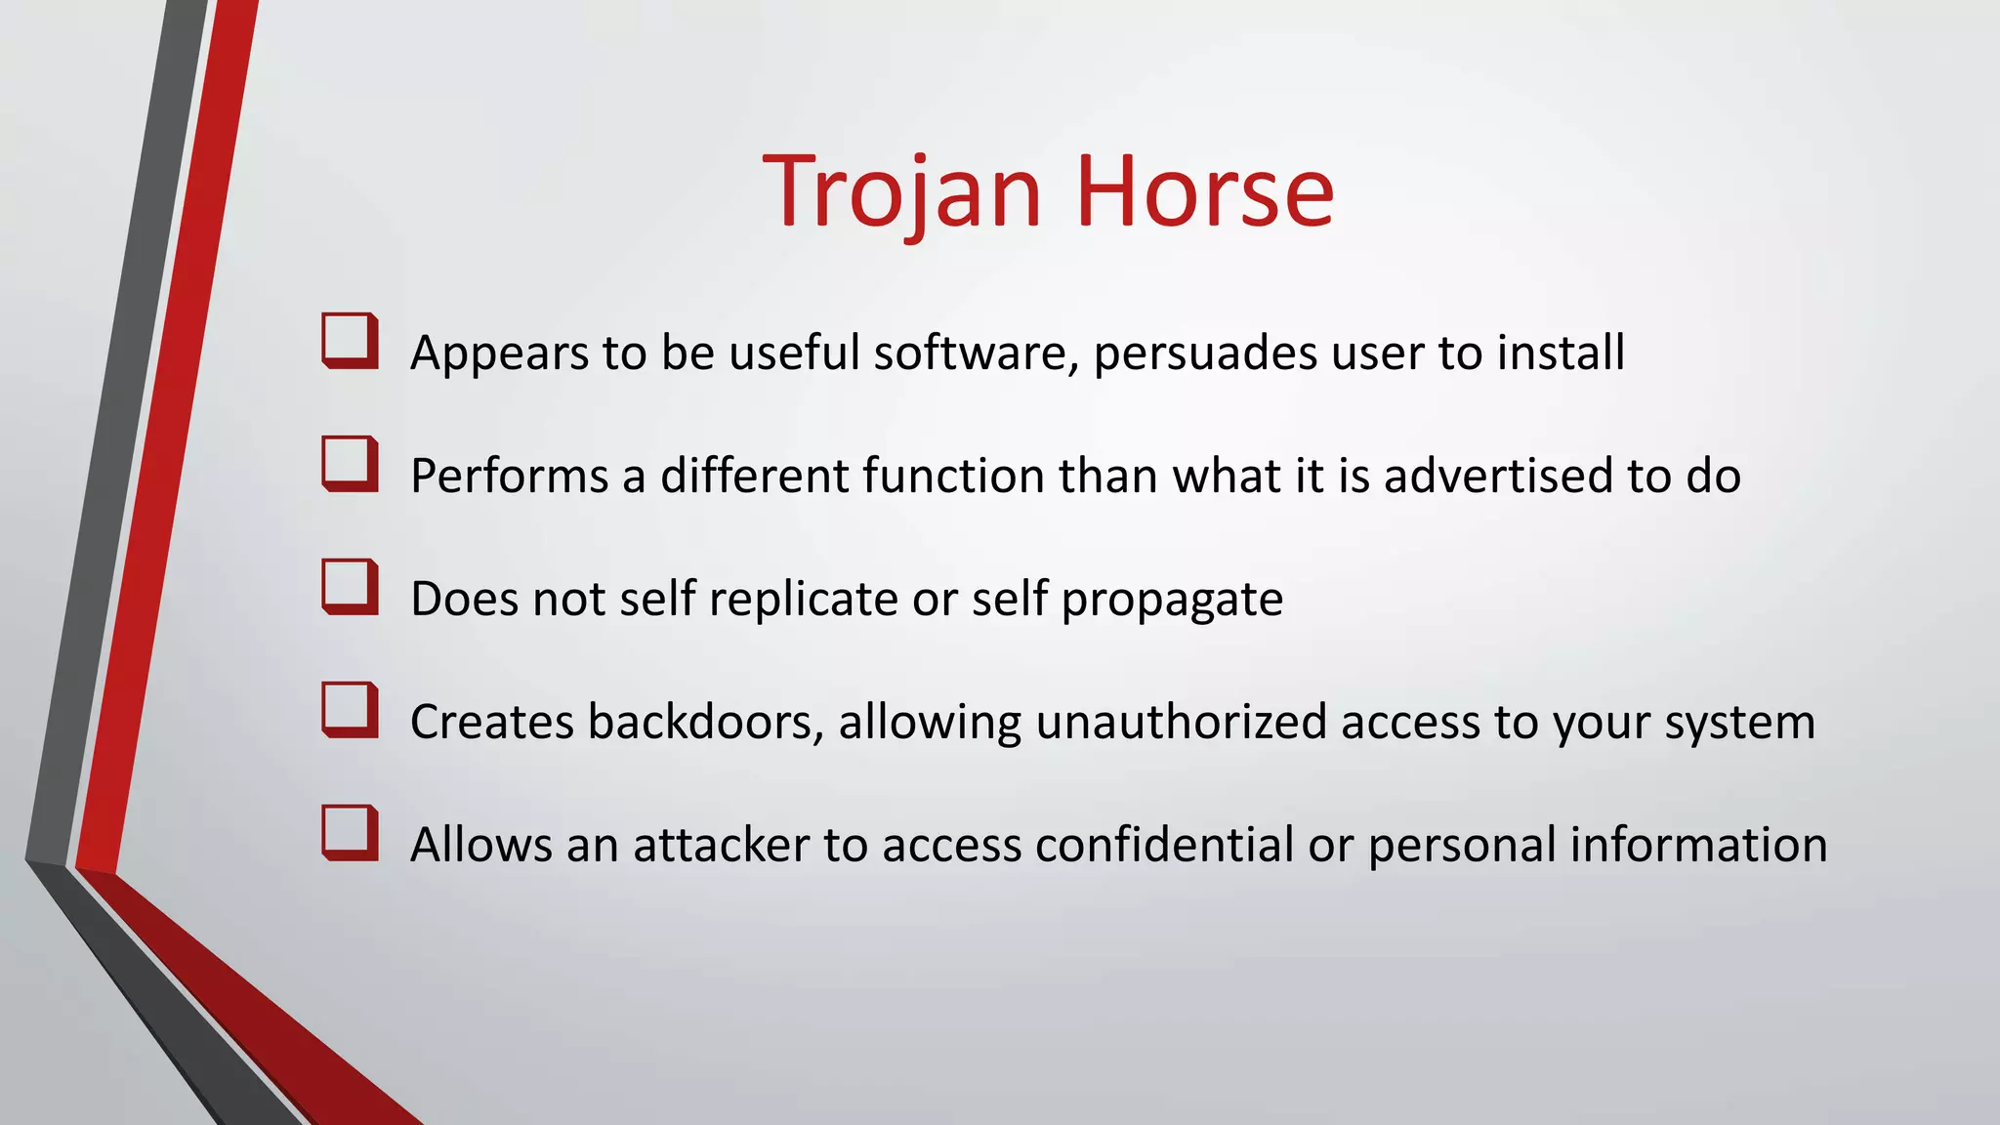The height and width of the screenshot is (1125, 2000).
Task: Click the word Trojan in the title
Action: coord(902,192)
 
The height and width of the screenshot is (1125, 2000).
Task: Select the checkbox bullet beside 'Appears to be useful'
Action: coord(350,341)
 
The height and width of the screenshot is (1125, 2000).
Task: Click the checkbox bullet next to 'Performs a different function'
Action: coord(350,464)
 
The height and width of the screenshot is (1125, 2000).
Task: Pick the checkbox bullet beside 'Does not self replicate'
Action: coord(350,587)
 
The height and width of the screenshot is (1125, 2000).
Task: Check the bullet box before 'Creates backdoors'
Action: coord(350,710)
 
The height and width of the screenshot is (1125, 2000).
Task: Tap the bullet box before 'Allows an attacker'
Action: coord(350,833)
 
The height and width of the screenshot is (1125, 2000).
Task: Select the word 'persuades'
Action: coord(1205,353)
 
